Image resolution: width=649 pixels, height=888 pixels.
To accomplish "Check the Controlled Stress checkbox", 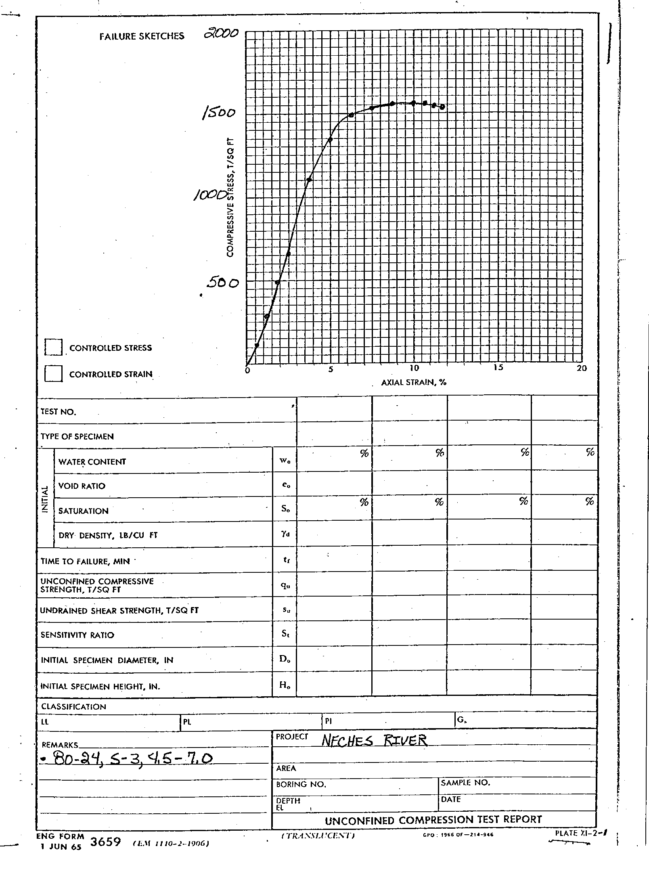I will [x=53, y=347].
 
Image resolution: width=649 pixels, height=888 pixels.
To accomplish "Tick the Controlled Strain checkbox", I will [x=53, y=373].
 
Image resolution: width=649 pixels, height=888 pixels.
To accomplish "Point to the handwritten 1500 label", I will [x=218, y=113].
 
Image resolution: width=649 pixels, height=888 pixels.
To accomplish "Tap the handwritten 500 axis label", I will [x=222, y=283].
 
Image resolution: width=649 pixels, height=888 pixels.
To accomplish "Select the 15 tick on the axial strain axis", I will [x=498, y=367].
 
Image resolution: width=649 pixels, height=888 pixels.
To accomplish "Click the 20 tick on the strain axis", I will [x=582, y=368].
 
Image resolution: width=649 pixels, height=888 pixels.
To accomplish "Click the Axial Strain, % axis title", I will [x=414, y=382].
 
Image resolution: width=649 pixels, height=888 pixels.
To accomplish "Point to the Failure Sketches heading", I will [x=142, y=36].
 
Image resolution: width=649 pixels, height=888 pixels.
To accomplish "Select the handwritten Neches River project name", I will [x=374, y=740].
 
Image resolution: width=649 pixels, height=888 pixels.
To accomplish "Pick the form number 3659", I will [x=106, y=842].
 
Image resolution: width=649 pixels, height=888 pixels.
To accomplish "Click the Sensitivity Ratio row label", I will [x=77, y=635].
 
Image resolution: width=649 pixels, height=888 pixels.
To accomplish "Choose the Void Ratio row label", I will [x=82, y=486].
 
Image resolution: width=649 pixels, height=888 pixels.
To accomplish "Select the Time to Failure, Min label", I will [x=85, y=561].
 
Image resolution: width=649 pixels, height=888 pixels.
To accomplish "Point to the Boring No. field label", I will [x=301, y=784].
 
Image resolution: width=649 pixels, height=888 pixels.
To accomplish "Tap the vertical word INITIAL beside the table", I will [x=45, y=499].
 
